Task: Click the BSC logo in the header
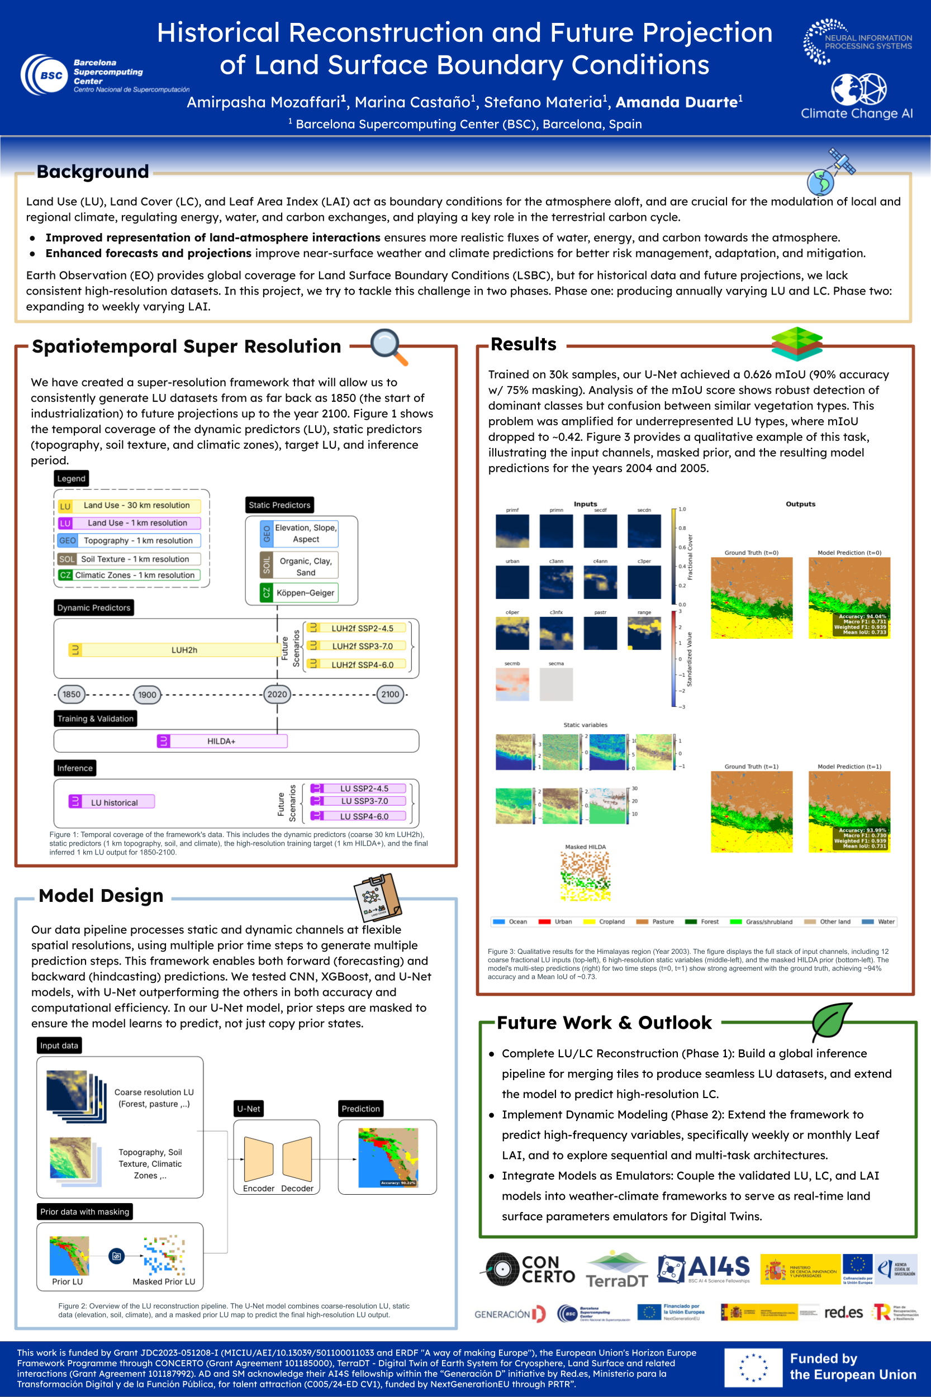44,75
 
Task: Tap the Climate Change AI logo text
856,113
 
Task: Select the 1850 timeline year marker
72,694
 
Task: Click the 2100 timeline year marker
390,694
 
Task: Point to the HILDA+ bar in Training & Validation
222,741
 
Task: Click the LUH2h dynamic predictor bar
174,650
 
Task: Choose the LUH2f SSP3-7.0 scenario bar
358,646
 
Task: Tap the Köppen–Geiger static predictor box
300,592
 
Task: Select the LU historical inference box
112,802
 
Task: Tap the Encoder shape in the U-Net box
258,1159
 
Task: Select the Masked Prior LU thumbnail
164,1255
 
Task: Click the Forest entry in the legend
702,921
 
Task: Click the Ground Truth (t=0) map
751,598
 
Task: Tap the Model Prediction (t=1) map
849,811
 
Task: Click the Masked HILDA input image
586,876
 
